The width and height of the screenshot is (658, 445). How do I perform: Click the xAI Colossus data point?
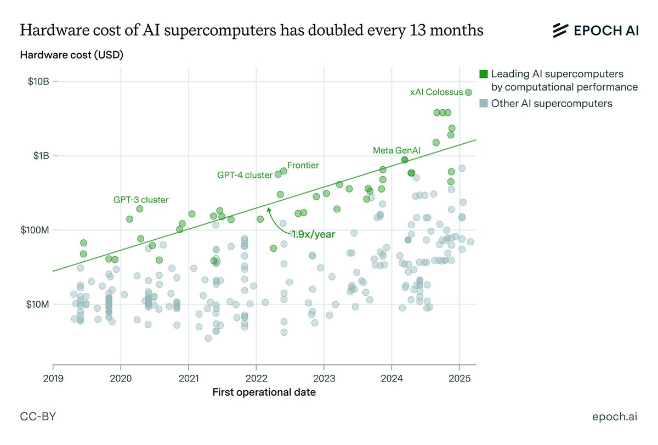coord(468,92)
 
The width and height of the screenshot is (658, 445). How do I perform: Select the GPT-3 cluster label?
coord(141,200)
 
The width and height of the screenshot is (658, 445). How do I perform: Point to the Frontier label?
coord(303,165)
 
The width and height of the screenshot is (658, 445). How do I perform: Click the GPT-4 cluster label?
coord(245,176)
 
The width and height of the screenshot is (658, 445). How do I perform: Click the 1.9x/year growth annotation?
coord(313,234)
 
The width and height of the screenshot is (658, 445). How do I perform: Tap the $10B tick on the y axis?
coord(39,82)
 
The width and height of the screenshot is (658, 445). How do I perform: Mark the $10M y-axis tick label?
coord(38,304)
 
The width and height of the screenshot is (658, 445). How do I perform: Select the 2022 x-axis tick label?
coord(256,378)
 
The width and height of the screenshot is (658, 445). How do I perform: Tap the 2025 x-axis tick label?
coord(459,378)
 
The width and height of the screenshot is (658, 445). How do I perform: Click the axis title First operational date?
coord(264,392)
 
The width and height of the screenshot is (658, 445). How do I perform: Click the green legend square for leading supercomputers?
coord(483,74)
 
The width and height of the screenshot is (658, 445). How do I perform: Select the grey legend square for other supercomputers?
coord(483,103)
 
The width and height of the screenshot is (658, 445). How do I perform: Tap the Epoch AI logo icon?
coord(559,31)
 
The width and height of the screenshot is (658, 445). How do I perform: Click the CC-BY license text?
coord(38,418)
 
